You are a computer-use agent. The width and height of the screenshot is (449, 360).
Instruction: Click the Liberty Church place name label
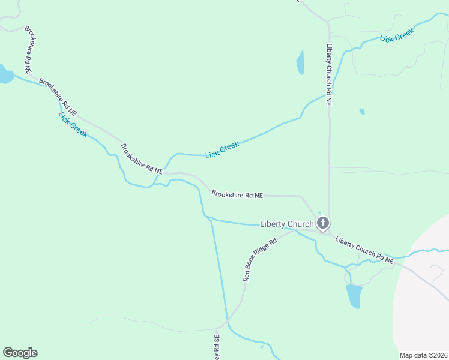286,224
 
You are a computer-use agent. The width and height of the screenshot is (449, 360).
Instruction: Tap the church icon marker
323,224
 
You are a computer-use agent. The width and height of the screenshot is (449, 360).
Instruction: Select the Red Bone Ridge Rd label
259,259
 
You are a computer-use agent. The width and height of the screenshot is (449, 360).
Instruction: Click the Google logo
20,353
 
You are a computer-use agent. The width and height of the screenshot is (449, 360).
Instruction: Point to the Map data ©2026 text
424,355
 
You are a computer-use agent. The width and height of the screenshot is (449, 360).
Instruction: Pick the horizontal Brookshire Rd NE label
237,194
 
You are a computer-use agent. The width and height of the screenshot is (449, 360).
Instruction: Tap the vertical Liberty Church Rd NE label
329,75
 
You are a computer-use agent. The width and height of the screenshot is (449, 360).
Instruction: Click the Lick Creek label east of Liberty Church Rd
397,36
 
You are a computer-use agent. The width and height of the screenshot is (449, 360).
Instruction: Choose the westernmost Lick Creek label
73,124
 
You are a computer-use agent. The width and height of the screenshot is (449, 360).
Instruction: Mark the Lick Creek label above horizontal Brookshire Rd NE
222,149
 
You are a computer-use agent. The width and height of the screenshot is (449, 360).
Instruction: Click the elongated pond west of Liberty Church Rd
300,62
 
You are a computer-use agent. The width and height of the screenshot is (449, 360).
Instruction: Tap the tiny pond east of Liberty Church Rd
362,111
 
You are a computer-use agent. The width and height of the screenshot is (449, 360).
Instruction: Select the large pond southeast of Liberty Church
354,295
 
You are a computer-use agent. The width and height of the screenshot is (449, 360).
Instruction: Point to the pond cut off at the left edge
5,74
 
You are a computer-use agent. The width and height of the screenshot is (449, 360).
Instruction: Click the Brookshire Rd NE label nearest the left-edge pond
58,96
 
